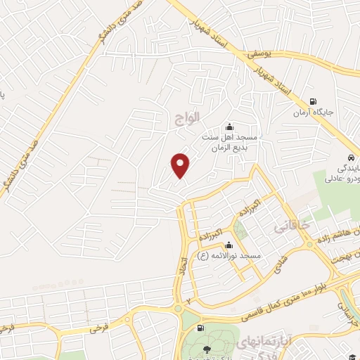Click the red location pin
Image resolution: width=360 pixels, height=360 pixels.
[x=181, y=165]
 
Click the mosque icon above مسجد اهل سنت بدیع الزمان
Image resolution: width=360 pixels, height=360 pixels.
[x=229, y=127]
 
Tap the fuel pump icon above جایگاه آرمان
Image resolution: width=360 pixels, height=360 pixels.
[x=313, y=101]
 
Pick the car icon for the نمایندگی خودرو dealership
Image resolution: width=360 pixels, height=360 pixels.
[x=350, y=157]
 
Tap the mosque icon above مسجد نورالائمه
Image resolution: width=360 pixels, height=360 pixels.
[x=228, y=246]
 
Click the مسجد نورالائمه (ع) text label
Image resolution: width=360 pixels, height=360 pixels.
[x=236, y=257]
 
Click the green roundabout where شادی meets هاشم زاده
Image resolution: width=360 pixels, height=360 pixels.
[x=309, y=245]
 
